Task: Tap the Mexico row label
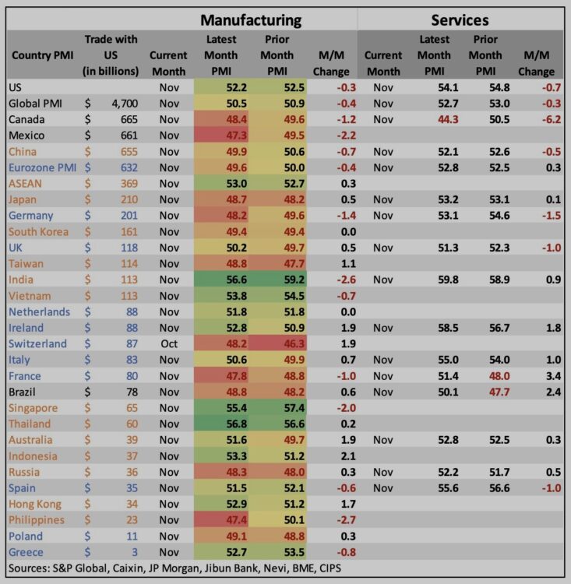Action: click(x=27, y=135)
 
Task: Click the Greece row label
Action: click(x=26, y=552)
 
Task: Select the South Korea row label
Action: click(x=38, y=231)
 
